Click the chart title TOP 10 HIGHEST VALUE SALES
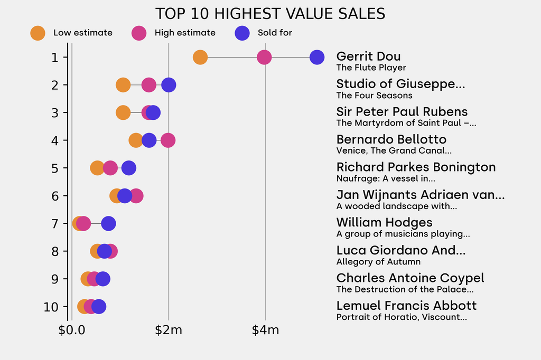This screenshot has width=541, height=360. tap(270, 14)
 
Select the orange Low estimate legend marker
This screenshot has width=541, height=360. tap(38, 33)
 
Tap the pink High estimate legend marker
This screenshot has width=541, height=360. tap(139, 33)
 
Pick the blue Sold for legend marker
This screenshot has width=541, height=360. tap(242, 33)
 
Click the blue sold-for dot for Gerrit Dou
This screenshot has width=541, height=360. tap(316, 57)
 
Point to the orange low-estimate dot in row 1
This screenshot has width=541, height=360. tap(200, 57)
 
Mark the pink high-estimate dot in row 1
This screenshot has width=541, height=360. tap(264, 57)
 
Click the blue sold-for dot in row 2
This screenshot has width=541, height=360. tap(169, 85)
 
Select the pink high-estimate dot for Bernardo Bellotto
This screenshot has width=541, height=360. tap(167, 140)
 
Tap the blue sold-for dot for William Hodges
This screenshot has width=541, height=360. tap(108, 224)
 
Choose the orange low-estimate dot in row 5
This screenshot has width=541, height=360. tap(97, 168)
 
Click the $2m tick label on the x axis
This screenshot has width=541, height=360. tap(169, 330)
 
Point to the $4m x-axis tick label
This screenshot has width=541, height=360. tap(265, 330)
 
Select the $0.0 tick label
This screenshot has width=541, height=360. tap(71, 330)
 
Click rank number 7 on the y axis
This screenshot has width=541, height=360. tap(55, 224)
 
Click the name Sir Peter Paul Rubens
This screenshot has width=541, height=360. tap(402, 112)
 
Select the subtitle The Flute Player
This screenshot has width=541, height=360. tap(371, 68)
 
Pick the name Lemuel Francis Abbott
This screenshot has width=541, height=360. tap(406, 306)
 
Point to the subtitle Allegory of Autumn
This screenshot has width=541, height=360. tap(378, 262)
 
